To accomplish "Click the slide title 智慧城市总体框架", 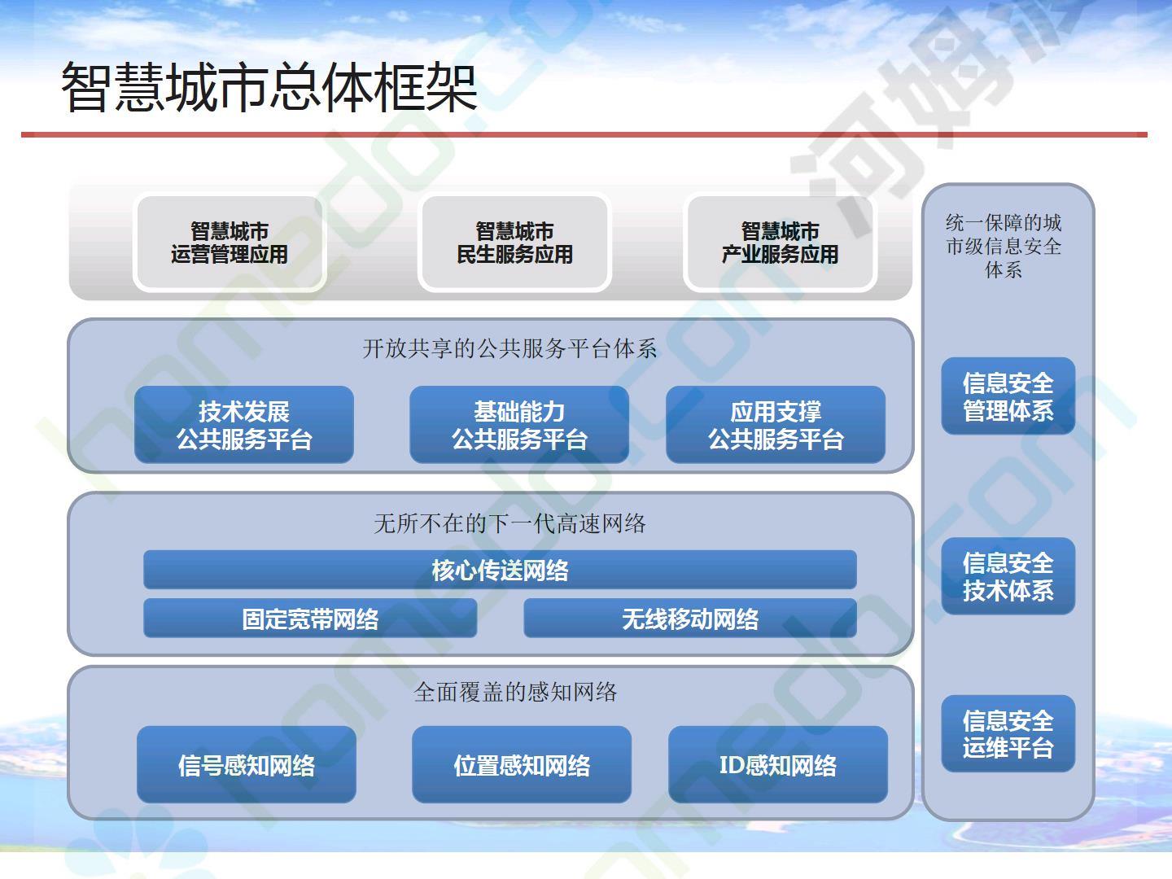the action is click(x=269, y=87).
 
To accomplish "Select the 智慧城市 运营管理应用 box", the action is click(x=230, y=243).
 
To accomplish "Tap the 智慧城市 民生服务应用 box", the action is click(x=514, y=243).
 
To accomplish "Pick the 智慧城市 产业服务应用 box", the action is click(x=780, y=243).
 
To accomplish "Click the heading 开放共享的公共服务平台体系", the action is click(x=509, y=348).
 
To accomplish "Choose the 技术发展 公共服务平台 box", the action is click(x=244, y=425).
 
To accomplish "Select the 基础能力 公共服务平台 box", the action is click(x=519, y=425).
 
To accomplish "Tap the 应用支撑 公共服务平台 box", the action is click(x=776, y=425).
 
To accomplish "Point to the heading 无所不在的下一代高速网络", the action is click(x=509, y=523).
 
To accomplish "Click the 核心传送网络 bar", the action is click(x=501, y=570).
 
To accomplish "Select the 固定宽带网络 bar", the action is click(x=310, y=618).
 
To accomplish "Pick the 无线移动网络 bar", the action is click(x=690, y=618).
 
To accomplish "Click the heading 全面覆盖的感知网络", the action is click(x=515, y=692).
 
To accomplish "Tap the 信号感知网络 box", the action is click(x=247, y=764).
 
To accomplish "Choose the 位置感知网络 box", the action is click(x=522, y=764).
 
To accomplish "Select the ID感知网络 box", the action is click(x=778, y=764).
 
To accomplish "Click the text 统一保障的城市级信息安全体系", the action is click(x=1004, y=246).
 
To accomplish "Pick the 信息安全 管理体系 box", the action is click(x=1008, y=396).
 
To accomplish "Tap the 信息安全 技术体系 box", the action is click(x=1008, y=576).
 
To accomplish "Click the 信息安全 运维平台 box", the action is click(x=1008, y=733).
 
